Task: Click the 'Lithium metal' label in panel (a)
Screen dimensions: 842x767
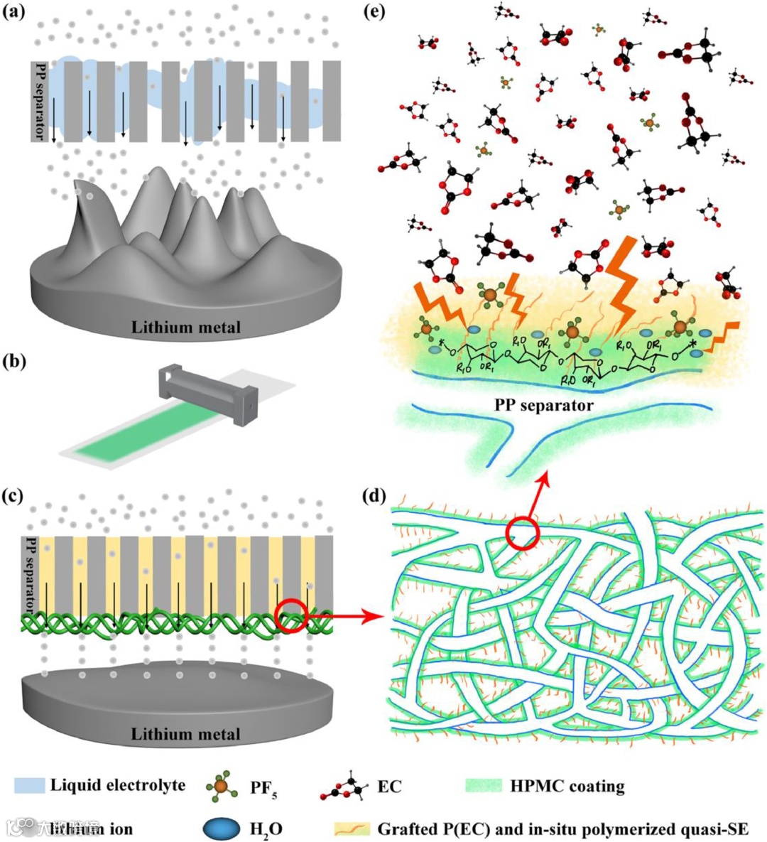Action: click(185, 327)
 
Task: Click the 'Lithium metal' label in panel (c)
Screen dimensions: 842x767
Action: click(185, 733)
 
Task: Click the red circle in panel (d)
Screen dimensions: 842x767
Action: click(523, 531)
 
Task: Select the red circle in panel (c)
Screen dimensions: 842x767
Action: click(290, 615)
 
